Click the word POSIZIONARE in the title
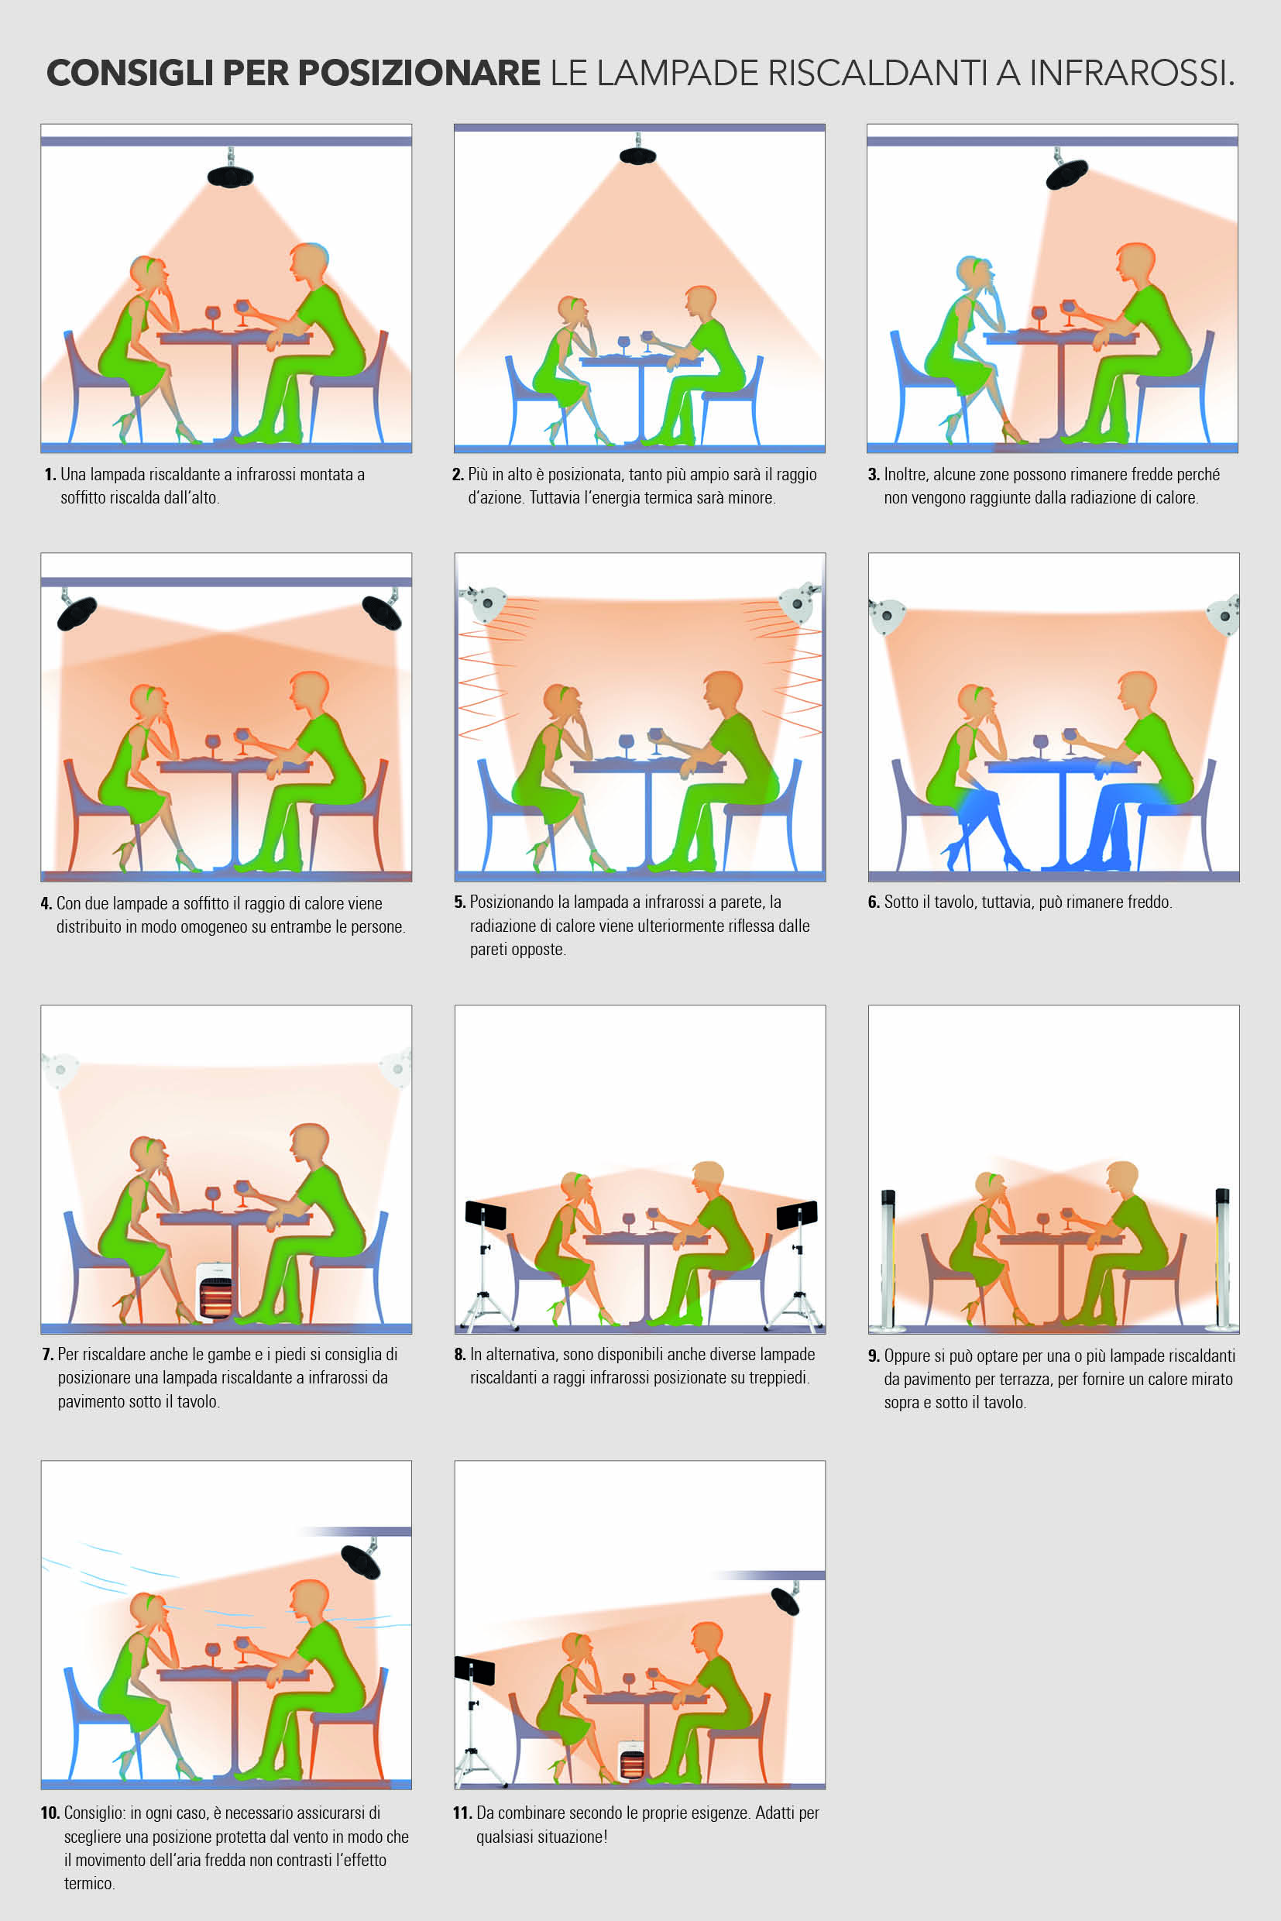pos(418,73)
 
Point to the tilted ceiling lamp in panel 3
pos(1066,170)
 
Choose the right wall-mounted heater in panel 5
pos(799,603)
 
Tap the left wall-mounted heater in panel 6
pos(887,616)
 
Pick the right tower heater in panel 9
pos(1223,1259)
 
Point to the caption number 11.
pos(462,1813)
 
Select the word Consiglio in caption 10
pos(94,1813)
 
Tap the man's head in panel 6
pos(1137,693)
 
